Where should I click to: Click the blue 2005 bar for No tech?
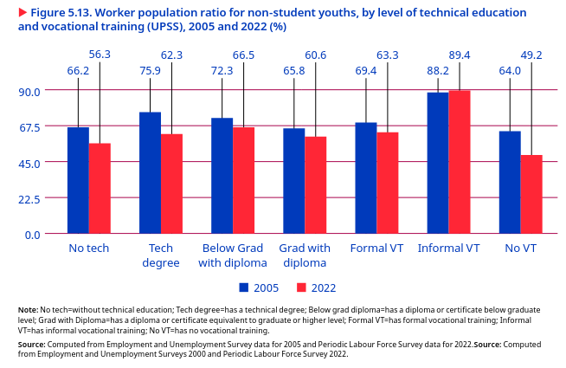pyautogui.click(x=78, y=180)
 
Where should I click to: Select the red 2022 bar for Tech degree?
pyautogui.click(x=171, y=184)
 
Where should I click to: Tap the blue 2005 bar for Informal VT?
pyautogui.click(x=438, y=163)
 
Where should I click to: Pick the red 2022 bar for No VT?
pyautogui.click(x=531, y=194)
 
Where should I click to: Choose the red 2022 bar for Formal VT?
pyautogui.click(x=387, y=183)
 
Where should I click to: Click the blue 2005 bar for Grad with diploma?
pyautogui.click(x=294, y=181)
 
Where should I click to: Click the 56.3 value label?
pyautogui.click(x=100, y=55)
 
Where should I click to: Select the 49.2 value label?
pyautogui.click(x=531, y=55)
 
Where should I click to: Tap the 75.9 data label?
pyautogui.click(x=151, y=71)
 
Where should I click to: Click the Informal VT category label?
pyautogui.click(x=448, y=249)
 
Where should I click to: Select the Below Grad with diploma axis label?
pyautogui.click(x=232, y=255)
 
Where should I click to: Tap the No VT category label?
pyautogui.click(x=520, y=249)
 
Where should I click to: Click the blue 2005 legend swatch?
pyautogui.click(x=244, y=287)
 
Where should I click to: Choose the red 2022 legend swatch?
pyautogui.click(x=302, y=287)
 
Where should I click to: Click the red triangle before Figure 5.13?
pyautogui.click(x=23, y=13)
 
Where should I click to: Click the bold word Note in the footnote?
pyautogui.click(x=27, y=309)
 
